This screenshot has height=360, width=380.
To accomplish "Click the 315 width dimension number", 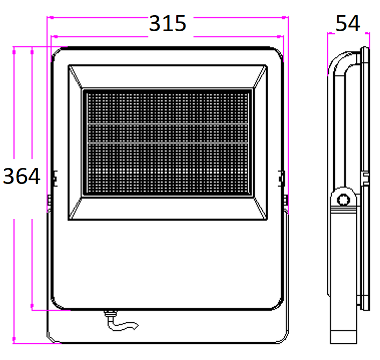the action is [x=168, y=23].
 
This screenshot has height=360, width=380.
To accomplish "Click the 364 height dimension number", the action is [x=21, y=176].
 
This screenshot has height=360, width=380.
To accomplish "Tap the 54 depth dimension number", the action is [x=348, y=23].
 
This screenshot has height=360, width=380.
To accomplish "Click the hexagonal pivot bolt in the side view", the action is [x=343, y=200].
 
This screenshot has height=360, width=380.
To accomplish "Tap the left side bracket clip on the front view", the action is [x=55, y=179].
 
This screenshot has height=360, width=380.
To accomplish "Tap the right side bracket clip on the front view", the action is [x=281, y=179].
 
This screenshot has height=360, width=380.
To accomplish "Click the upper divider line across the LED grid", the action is [x=168, y=124].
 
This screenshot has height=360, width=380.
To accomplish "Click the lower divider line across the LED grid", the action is [x=168, y=143].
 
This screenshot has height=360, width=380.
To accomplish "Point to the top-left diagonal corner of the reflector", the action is [x=75, y=77].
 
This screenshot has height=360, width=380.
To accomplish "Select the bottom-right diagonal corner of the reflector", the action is [x=260, y=208].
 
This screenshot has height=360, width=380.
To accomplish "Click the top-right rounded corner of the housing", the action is [x=277, y=53].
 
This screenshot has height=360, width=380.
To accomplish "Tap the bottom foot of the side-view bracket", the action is [x=343, y=337].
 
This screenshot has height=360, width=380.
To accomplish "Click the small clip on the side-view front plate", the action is [x=365, y=178].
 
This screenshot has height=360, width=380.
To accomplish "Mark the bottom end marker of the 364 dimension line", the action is [x=14, y=338].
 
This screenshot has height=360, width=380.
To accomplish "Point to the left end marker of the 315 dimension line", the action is [x=51, y=17].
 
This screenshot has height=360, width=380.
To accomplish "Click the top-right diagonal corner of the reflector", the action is [x=260, y=77].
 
